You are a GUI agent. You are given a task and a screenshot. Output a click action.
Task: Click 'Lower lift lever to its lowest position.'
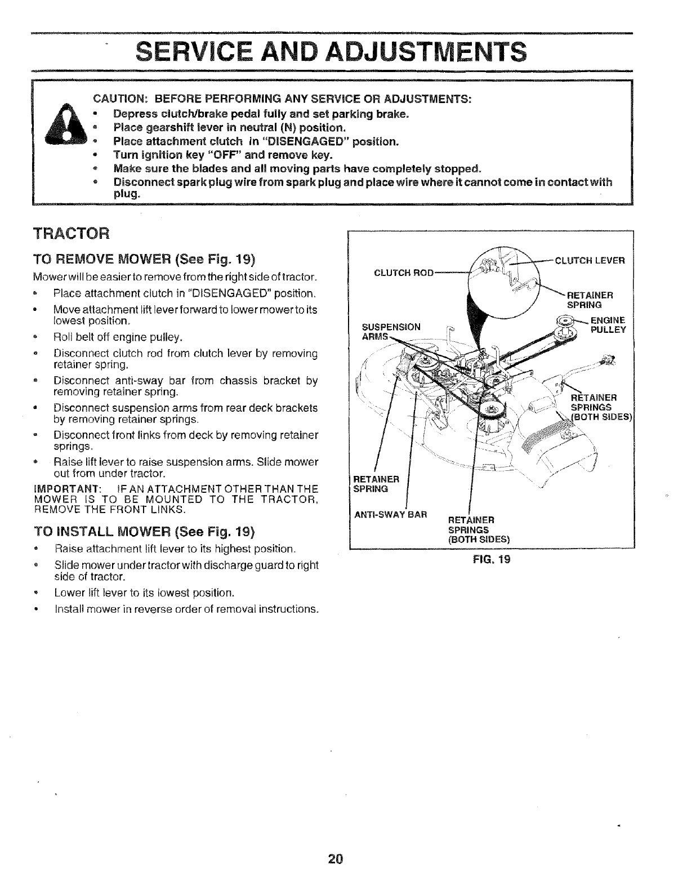144,593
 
